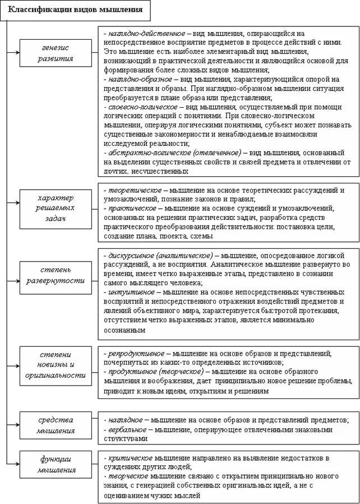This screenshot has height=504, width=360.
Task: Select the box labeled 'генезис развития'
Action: pos(56,53)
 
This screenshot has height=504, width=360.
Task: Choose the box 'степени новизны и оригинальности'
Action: pos(56,365)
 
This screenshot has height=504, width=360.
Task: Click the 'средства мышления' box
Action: pos(56,425)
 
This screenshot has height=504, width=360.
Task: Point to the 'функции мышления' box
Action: pos(56,465)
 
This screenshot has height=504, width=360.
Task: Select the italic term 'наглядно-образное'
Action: pos(135,80)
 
